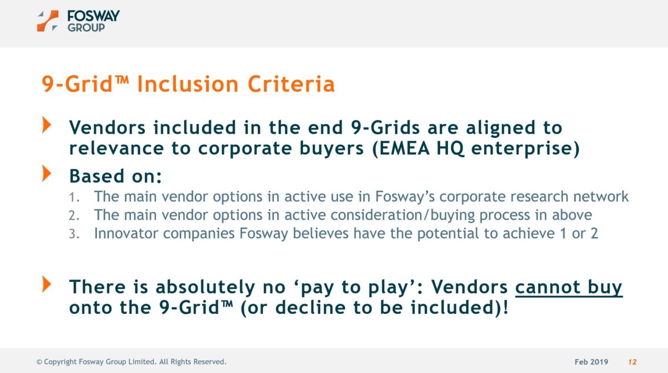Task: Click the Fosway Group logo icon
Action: tap(48, 21)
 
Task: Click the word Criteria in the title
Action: tap(291, 84)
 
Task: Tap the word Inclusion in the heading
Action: tap(188, 84)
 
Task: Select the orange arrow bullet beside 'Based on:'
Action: tap(47, 173)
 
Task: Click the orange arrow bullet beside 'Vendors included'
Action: tap(47, 125)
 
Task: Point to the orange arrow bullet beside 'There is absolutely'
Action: tap(47, 284)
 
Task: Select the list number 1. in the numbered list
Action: tap(74, 198)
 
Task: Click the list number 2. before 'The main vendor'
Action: tap(74, 215)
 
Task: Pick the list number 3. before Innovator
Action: tap(74, 234)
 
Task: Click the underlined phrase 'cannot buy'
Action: tap(569, 287)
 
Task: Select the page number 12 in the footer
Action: tap(632, 362)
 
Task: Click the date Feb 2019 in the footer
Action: tap(591, 362)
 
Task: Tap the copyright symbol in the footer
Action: tap(39, 362)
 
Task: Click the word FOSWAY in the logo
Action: tap(94, 16)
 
